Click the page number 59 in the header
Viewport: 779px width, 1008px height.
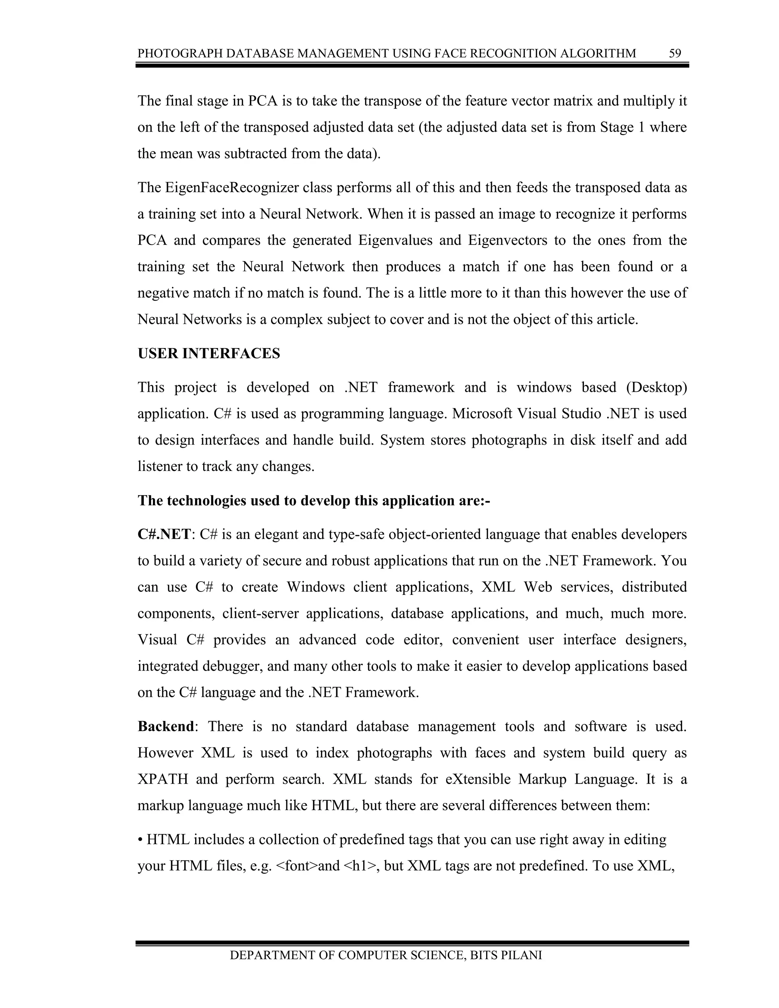tap(675, 54)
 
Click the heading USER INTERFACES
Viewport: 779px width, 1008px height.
tap(208, 353)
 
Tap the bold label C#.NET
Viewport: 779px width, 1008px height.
tap(164, 534)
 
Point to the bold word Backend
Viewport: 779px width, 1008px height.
tap(166, 727)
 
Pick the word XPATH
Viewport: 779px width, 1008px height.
tap(162, 779)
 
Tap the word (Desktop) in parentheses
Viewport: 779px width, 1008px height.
tap(656, 387)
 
